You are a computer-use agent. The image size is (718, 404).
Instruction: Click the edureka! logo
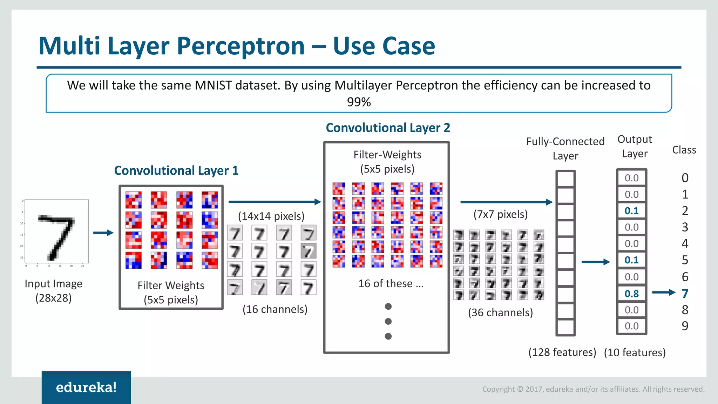[x=86, y=387]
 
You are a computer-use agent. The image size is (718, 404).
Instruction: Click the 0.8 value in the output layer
[x=632, y=294]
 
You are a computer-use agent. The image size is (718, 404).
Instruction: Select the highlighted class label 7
[x=685, y=294]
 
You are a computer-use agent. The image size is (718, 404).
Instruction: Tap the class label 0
[x=685, y=178]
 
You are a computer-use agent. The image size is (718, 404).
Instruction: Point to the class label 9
[x=685, y=326]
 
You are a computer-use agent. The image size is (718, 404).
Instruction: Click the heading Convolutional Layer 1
[x=176, y=170]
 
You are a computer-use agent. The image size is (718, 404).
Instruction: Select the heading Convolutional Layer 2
[x=388, y=128]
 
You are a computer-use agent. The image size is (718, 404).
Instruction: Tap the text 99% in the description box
[x=359, y=102]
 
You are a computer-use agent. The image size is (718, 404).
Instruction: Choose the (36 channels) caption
[x=500, y=312]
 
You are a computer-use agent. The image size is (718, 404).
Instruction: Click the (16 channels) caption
[x=275, y=309]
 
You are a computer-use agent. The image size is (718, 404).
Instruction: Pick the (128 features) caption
[x=562, y=352]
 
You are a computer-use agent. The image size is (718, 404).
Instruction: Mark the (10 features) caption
[x=635, y=352]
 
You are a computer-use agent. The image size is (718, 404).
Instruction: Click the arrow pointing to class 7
[x=663, y=292]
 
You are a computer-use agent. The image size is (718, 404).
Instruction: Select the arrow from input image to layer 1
[x=103, y=233]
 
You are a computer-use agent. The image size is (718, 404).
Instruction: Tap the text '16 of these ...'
[x=391, y=283]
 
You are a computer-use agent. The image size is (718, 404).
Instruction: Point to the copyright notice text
[x=593, y=389]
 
